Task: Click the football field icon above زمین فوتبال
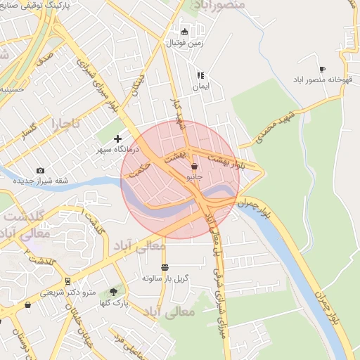tap(184, 31)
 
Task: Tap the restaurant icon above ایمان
tap(200, 75)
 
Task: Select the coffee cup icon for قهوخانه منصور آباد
tap(322, 69)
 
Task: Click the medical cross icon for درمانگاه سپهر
tap(117, 139)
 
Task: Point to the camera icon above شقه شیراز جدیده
tap(39, 170)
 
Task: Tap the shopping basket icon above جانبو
tap(194, 167)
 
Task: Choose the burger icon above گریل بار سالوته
tap(165, 267)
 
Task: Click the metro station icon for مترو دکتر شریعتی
tap(67, 281)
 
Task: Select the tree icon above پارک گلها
tap(113, 290)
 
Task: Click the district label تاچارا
tap(46, 125)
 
